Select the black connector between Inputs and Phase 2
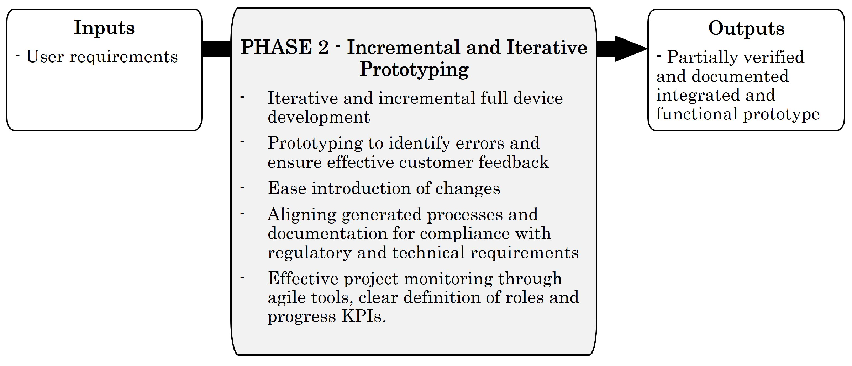(216, 49)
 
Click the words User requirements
(102, 57)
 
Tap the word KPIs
(363, 316)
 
